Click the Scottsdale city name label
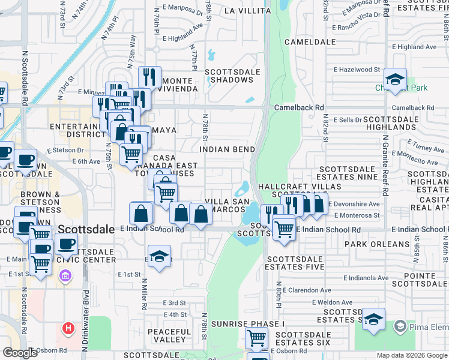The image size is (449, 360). pos(86,229)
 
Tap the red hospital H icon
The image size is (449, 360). pos(68,328)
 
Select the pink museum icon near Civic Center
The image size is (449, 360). pos(65,276)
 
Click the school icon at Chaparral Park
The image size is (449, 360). pos(396,79)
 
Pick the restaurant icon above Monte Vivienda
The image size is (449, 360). pos(148,77)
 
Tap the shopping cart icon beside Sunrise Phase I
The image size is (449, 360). pos(257,338)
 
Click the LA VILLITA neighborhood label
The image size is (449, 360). pos(244,11)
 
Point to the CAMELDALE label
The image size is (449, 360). pos(310,43)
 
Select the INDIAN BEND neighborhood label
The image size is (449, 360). pos(228,149)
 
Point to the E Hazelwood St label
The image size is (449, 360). pos(352,70)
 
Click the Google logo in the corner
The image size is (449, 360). pos(20,353)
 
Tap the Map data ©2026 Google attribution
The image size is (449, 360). pos(411,355)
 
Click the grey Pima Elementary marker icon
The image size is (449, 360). pos(400,326)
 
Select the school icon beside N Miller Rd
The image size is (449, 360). pos(158,256)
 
